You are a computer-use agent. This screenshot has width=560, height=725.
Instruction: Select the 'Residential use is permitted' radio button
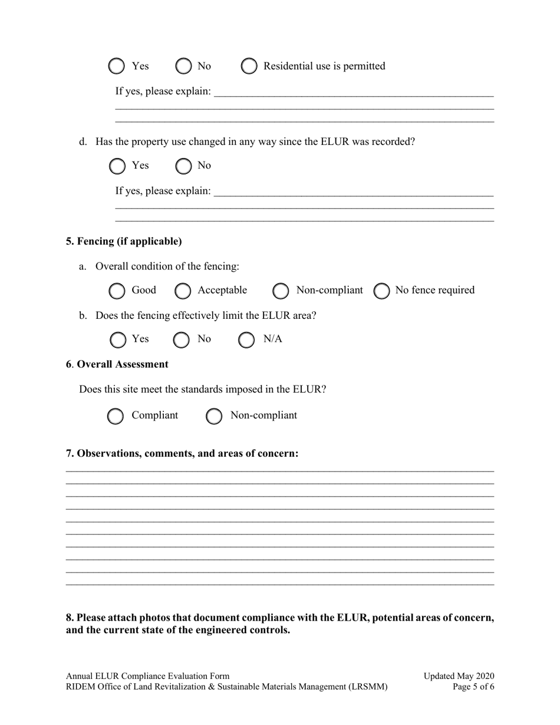249,66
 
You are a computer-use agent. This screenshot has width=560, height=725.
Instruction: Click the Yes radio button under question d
117,166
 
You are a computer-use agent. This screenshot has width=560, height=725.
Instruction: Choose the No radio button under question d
183,166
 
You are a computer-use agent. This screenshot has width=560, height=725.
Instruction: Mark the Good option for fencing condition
117,291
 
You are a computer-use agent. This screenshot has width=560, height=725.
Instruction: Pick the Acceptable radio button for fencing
183,291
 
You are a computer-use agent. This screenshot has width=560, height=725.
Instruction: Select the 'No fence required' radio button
381,291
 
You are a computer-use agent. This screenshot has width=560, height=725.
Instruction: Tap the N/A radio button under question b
246,340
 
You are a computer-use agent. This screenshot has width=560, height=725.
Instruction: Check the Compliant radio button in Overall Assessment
115,416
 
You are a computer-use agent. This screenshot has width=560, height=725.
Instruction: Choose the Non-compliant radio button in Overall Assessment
213,416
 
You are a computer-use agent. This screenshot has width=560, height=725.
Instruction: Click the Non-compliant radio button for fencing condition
281,291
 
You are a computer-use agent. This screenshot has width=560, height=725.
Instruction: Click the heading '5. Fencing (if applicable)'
124,242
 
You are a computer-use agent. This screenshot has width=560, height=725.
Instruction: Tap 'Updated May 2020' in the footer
459,676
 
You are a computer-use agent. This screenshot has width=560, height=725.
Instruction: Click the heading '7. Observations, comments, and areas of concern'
182,453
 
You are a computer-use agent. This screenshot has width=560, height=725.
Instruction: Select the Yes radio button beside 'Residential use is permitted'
117,66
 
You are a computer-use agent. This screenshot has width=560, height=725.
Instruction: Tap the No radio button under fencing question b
181,340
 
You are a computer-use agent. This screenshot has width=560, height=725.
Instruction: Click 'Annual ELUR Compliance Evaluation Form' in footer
148,676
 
